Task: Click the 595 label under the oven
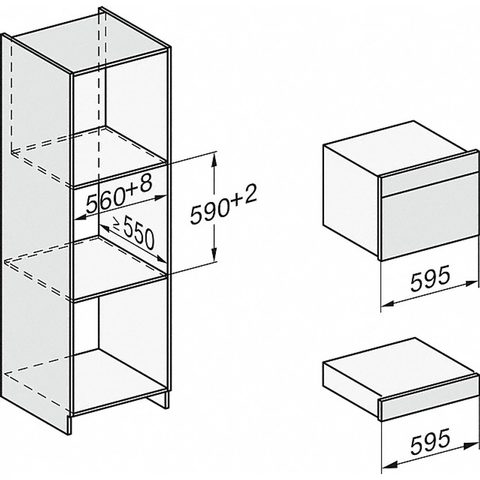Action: click(x=430, y=278)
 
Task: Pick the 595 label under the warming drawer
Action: click(x=430, y=440)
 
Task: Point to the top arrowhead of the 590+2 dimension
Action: click(x=214, y=160)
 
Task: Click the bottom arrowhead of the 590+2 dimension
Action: click(x=214, y=254)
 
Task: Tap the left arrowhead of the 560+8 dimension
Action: click(x=80, y=218)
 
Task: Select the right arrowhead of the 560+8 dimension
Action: click(x=160, y=197)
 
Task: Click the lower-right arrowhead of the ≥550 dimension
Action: click(x=161, y=259)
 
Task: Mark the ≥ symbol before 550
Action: click(x=116, y=224)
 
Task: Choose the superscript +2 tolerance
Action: click(x=244, y=195)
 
